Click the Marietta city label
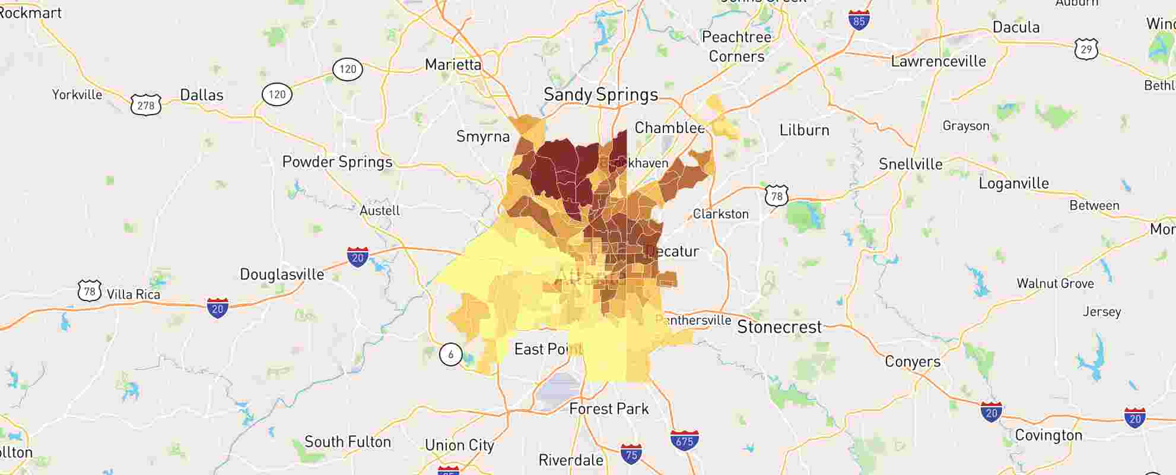(453, 64)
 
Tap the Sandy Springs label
(600, 94)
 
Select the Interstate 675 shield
(684, 440)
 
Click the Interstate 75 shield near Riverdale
(631, 454)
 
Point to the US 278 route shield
(146, 105)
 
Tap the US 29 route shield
(1086, 49)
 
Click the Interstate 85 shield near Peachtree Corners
(859, 21)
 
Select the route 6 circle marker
(450, 354)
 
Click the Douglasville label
(282, 274)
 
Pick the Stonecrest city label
(779, 327)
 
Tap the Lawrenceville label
(938, 61)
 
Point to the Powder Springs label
(337, 162)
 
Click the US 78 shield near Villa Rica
(90, 291)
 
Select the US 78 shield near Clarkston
(776, 195)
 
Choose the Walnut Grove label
(1055, 283)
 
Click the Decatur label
(672, 251)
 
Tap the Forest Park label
(609, 408)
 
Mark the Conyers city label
(913, 362)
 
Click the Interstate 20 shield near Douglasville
(357, 257)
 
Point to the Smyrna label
(482, 137)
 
